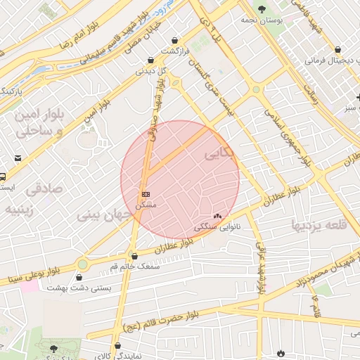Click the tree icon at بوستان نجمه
[x=262, y=10]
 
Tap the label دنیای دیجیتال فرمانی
[x=330, y=60]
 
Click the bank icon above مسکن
[x=146, y=193]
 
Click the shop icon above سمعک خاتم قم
[x=134, y=257]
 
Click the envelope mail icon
[x=18, y=157]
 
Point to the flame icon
[x=281, y=352]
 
